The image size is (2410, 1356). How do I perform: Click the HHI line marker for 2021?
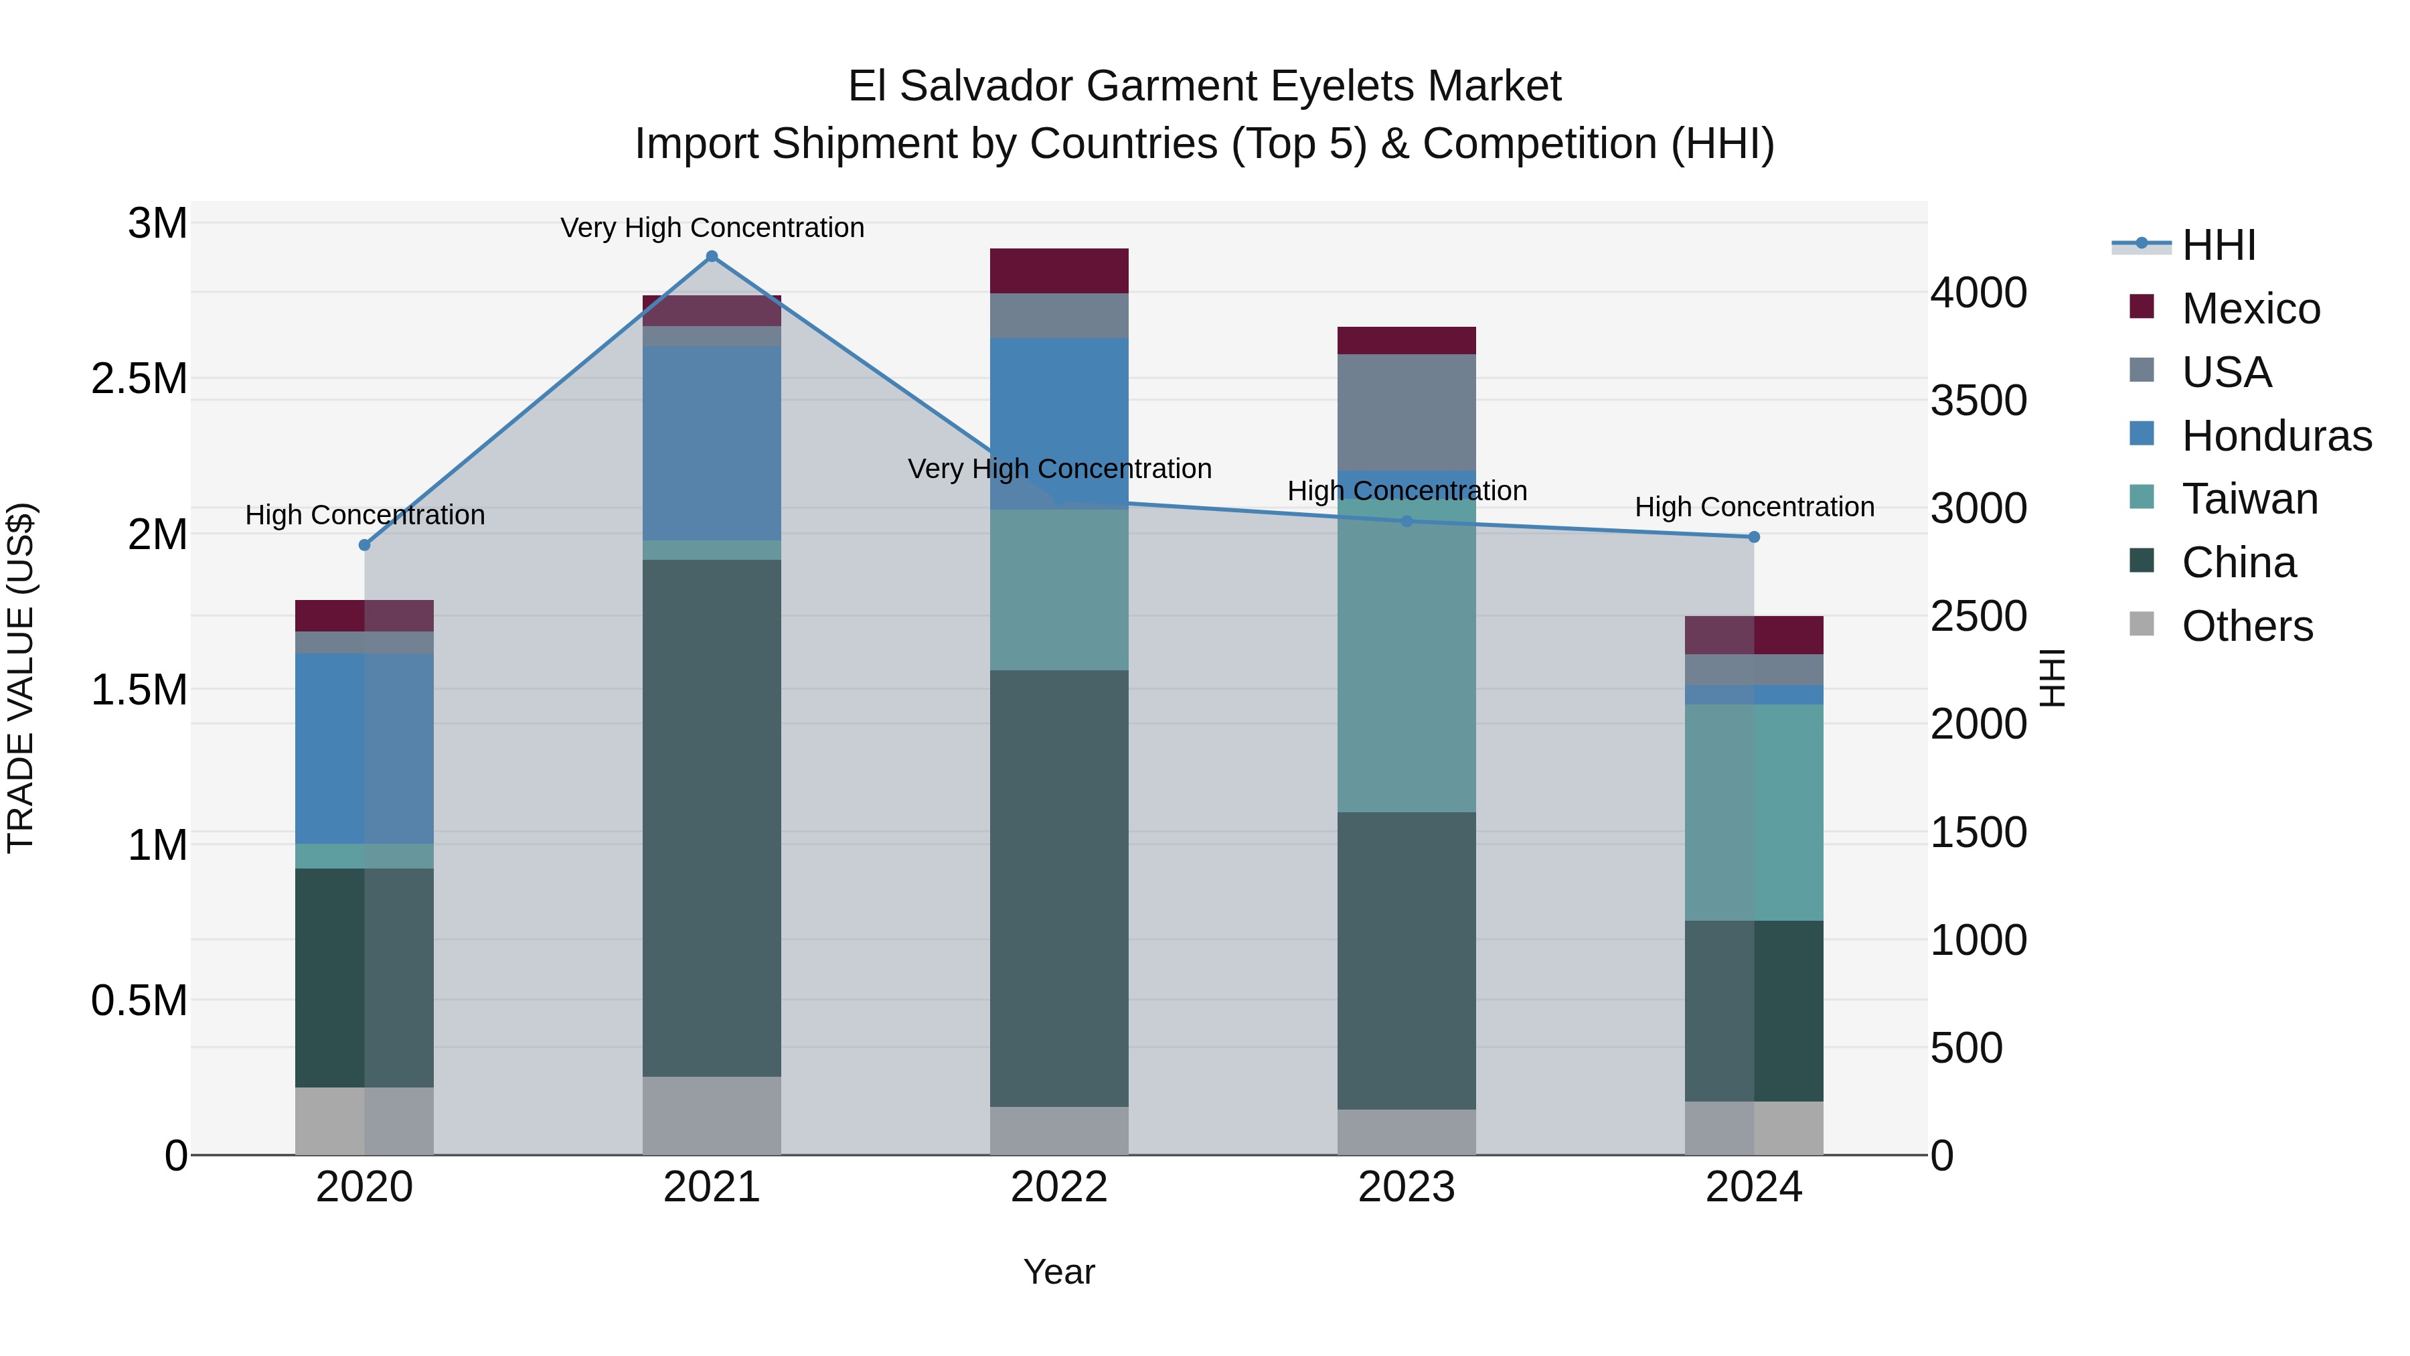[x=711, y=256]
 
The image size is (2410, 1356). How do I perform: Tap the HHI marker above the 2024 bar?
[x=1754, y=537]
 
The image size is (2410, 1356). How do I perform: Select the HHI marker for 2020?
[x=365, y=544]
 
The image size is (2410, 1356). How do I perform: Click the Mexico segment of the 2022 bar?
[x=1059, y=271]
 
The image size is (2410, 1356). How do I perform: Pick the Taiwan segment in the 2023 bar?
[x=1406, y=655]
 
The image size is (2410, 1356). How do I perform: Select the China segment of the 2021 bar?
[x=711, y=819]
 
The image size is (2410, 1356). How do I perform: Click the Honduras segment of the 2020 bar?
[x=365, y=749]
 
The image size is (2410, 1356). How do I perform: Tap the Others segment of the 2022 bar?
[x=1059, y=1130]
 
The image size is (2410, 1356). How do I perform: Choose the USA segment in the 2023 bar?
[x=1406, y=412]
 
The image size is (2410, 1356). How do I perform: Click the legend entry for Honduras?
[x=2275, y=436]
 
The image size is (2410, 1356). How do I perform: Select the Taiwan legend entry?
[x=2249, y=500]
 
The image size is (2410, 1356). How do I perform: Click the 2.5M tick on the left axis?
[x=139, y=379]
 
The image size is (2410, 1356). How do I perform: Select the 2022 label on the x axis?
[x=1059, y=1187]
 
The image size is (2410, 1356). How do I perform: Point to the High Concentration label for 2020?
[x=365, y=515]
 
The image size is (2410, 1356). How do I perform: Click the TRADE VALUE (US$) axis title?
[x=21, y=678]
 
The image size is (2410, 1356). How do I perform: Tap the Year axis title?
[x=1059, y=1272]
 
